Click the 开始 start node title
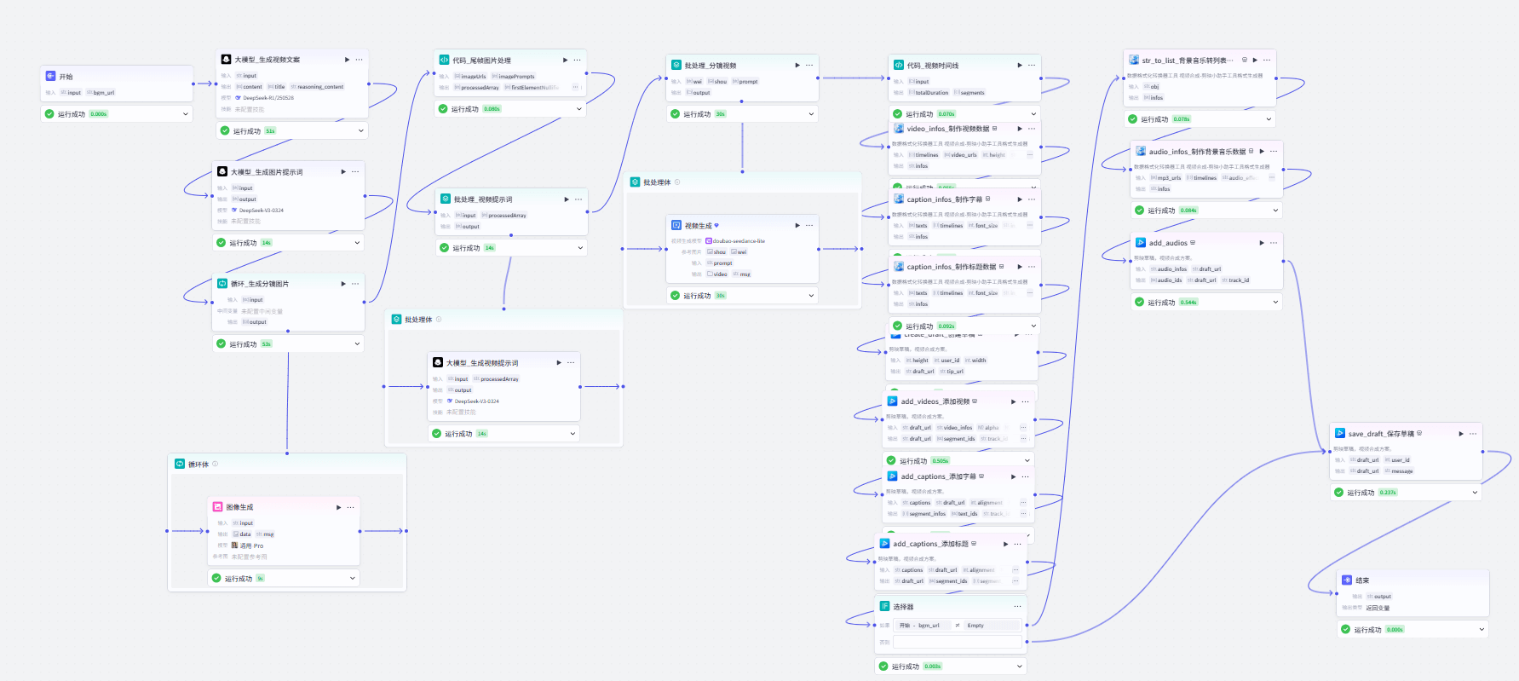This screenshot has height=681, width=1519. (x=66, y=77)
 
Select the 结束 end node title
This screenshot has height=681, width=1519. (x=1362, y=580)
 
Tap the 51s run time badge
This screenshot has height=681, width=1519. (x=270, y=131)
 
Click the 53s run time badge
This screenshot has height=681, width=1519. (x=266, y=344)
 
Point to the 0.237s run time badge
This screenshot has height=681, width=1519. (x=1388, y=493)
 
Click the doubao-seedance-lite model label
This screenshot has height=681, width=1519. (x=739, y=241)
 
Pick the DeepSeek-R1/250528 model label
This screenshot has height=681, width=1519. (x=268, y=98)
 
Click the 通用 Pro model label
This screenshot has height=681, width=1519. (x=251, y=545)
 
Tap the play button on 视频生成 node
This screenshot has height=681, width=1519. (x=797, y=226)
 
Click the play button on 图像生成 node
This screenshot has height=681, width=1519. (x=339, y=507)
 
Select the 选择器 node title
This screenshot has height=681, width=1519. (x=903, y=607)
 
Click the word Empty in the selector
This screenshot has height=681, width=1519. (x=975, y=626)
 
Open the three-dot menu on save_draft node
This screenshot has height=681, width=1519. (x=1473, y=434)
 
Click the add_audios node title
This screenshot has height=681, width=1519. (x=1168, y=243)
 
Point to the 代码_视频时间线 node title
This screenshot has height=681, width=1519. (x=932, y=66)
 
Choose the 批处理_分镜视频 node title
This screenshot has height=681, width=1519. (x=711, y=66)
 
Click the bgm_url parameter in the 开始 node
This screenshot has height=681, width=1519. (x=104, y=93)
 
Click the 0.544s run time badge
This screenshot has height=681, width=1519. (x=1188, y=303)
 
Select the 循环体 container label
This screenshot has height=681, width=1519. (x=199, y=465)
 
